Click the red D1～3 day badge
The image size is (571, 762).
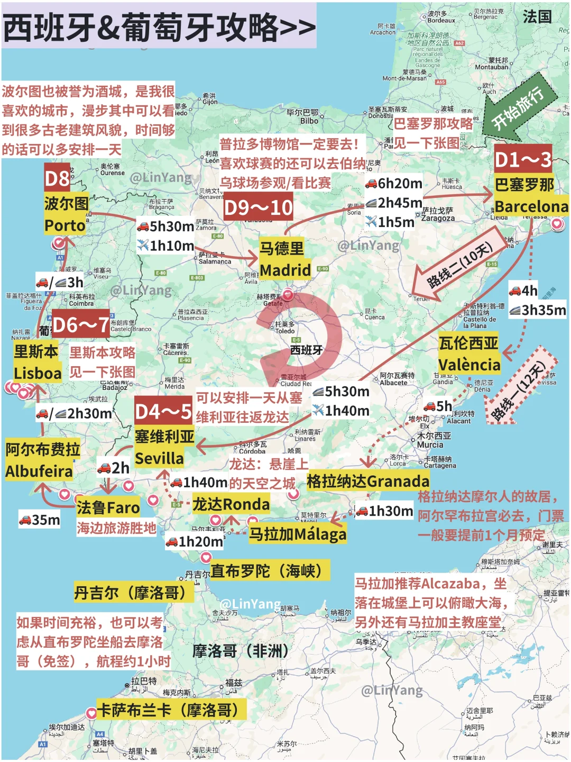pos(523,159)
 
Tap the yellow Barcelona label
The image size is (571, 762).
pos(531,206)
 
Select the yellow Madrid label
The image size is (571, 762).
pos(285,270)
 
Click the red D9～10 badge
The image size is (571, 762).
pos(258,207)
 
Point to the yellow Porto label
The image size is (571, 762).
pos(65,225)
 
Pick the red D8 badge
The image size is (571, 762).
pos(57,178)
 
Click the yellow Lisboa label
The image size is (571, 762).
pos(38,373)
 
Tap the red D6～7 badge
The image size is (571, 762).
pos(81,324)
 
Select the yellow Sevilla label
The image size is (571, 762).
pos(159,458)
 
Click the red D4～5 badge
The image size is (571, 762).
pos(163,411)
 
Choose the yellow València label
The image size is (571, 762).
pos(469,365)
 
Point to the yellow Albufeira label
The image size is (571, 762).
pos(39,471)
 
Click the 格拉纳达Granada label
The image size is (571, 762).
pos(368,481)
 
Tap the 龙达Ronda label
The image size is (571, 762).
pos(231,504)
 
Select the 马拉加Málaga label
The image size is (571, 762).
pos(298,534)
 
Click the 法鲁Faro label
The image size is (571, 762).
pos(108,507)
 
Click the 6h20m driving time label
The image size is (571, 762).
pos(394,184)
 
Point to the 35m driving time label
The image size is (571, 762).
pos(40,520)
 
